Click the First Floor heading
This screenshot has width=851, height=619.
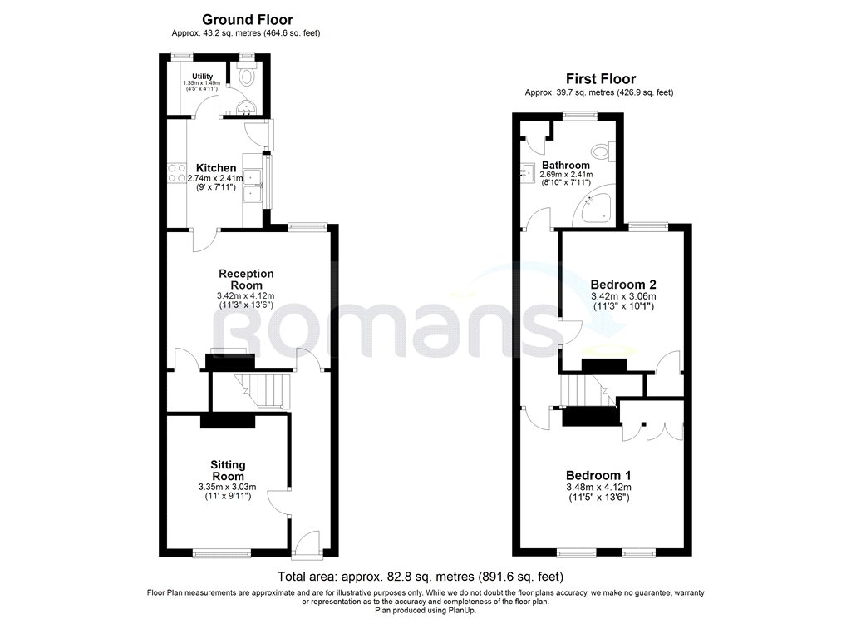(598, 78)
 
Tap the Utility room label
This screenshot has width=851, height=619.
(203, 77)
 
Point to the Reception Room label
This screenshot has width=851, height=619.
(246, 280)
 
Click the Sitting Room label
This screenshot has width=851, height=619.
(227, 470)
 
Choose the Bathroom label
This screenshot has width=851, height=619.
(566, 166)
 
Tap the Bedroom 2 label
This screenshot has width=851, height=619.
(622, 283)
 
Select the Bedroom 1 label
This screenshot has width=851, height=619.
(598, 474)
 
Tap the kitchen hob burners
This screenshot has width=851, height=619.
(177, 173)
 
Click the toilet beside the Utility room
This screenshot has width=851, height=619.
(246, 77)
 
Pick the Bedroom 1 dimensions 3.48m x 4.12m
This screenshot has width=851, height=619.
(598, 488)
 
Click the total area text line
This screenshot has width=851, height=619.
(425, 576)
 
